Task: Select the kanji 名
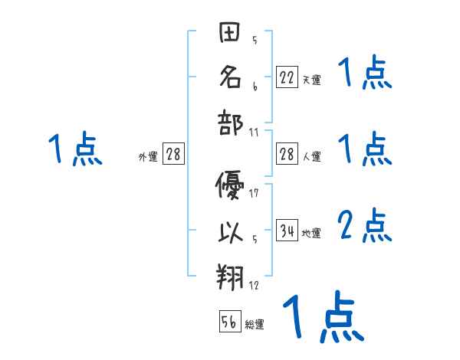(x=229, y=77)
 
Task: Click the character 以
(x=229, y=231)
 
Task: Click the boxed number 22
(x=287, y=77)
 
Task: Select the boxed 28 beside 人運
(x=287, y=153)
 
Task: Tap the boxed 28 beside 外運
(x=173, y=154)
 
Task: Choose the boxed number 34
(x=287, y=230)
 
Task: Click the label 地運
(x=311, y=233)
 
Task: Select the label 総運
(x=255, y=325)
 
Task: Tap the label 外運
(x=148, y=157)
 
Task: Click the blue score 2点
(x=365, y=226)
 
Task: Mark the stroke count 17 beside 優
(x=254, y=192)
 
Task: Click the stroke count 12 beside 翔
(x=254, y=286)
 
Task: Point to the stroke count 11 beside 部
(x=254, y=132)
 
